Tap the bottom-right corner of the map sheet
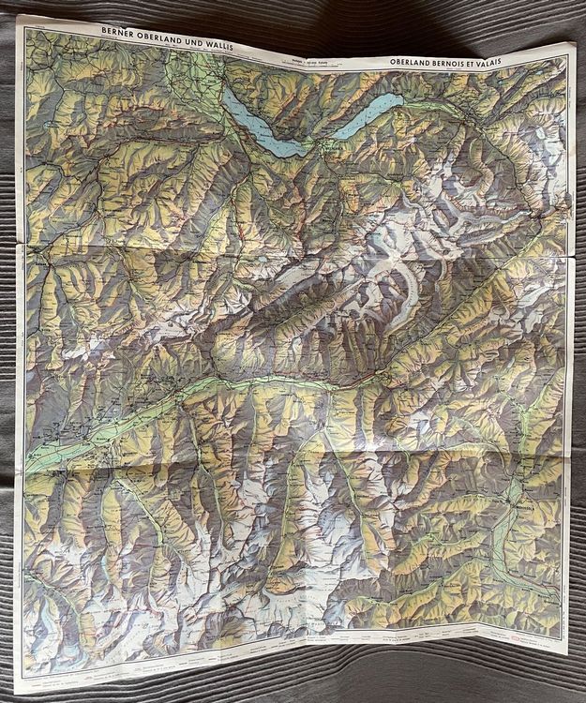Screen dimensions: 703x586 (x=573, y=649)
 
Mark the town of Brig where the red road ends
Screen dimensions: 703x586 (x=382, y=375)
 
